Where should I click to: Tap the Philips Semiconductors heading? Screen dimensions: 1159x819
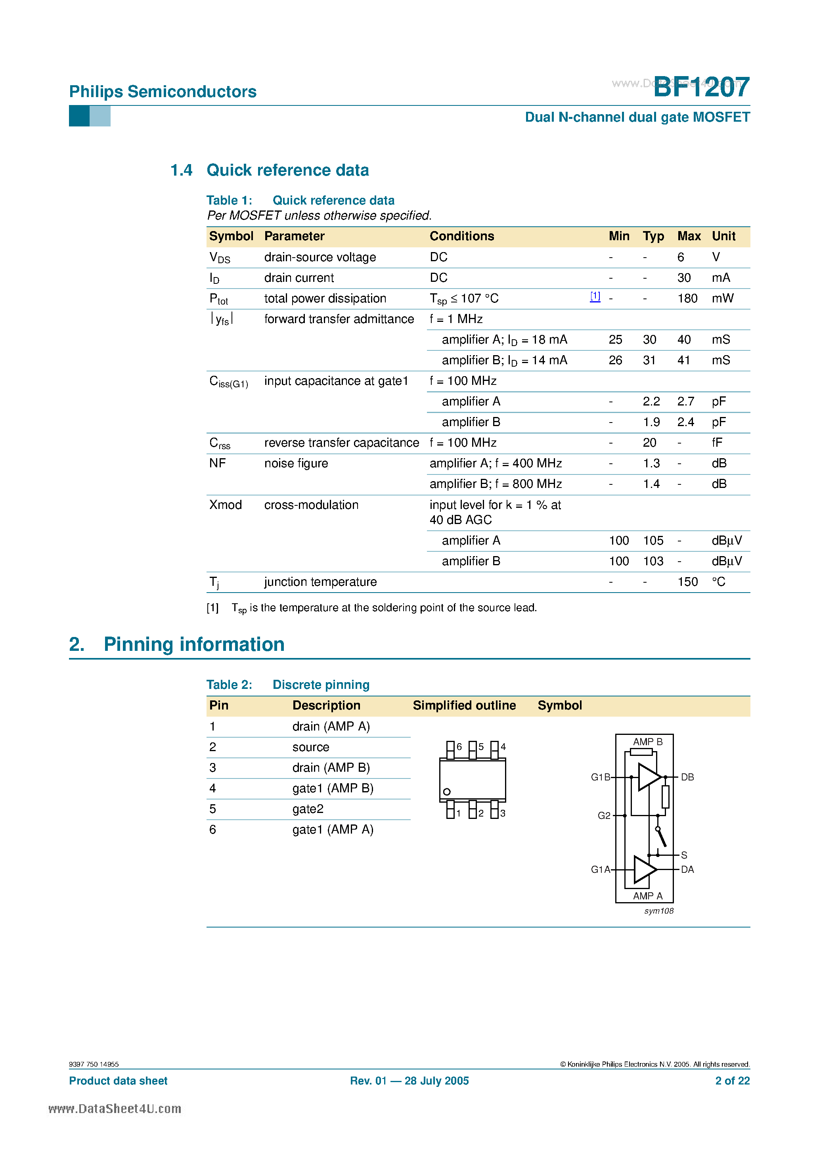pyautogui.click(x=163, y=92)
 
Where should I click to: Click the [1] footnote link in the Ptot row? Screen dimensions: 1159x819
pyautogui.click(x=595, y=296)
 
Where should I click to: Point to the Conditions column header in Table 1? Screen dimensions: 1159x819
pyautogui.click(x=461, y=236)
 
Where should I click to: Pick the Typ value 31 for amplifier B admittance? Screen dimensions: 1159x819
pyautogui.click(x=649, y=360)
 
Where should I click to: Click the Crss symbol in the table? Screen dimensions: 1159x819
pyautogui.click(x=220, y=443)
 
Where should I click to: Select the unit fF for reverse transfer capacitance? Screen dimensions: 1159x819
pyautogui.click(x=716, y=443)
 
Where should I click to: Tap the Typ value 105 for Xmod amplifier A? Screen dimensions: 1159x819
pyautogui.click(x=653, y=541)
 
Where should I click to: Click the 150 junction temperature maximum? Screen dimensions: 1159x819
pyautogui.click(x=687, y=582)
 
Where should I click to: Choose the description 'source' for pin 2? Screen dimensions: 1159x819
pyautogui.click(x=310, y=747)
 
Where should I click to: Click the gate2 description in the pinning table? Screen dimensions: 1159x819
pyautogui.click(x=308, y=809)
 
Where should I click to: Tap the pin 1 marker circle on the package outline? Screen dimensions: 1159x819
pyautogui.click(x=447, y=792)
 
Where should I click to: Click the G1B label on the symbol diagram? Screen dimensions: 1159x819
pyautogui.click(x=600, y=777)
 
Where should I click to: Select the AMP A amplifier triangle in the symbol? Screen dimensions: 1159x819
pyautogui.click(x=644, y=870)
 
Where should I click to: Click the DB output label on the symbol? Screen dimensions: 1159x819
pyautogui.click(x=687, y=777)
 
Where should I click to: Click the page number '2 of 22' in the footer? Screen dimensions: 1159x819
pyautogui.click(x=732, y=1081)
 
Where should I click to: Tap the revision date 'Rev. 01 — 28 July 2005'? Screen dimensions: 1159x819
pyautogui.click(x=409, y=1081)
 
